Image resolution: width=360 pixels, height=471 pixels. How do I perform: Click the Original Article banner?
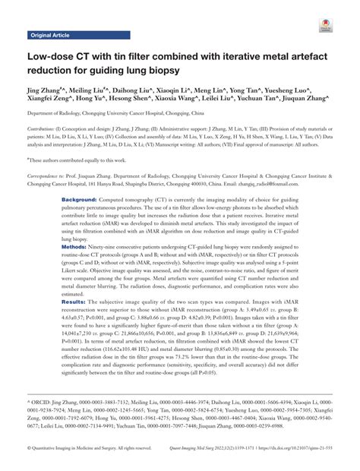point(51,35)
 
